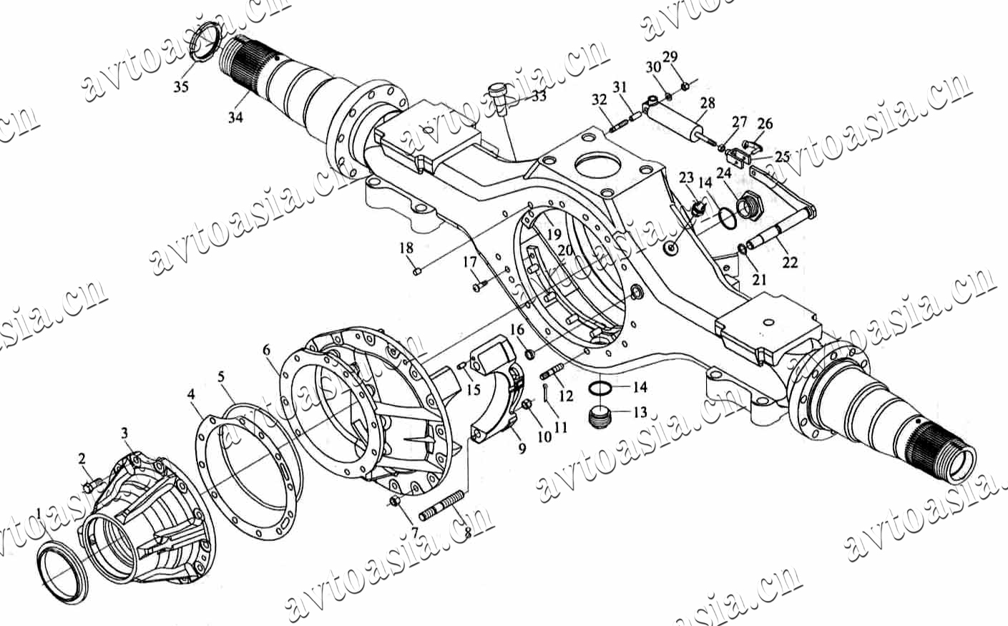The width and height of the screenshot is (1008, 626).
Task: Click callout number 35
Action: coord(181,87)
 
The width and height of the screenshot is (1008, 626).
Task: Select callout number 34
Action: coord(235,117)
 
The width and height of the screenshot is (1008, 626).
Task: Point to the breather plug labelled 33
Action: coord(498,98)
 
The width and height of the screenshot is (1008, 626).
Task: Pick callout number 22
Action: coord(790,262)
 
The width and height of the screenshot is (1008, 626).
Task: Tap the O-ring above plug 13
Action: coord(600,388)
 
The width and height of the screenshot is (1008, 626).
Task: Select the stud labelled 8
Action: coord(441,505)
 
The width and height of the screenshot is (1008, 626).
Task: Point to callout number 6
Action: coord(266,350)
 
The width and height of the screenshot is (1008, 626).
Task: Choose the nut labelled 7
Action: coord(395,500)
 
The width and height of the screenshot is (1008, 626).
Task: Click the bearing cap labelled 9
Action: coord(498,387)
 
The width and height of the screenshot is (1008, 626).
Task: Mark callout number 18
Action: coord(406,248)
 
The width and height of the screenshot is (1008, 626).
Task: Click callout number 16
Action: coord(517,330)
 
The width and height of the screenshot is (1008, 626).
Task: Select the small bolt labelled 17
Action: coord(481,285)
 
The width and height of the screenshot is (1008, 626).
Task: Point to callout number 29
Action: coord(670,57)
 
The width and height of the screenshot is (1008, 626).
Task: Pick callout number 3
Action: coord(124,433)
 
